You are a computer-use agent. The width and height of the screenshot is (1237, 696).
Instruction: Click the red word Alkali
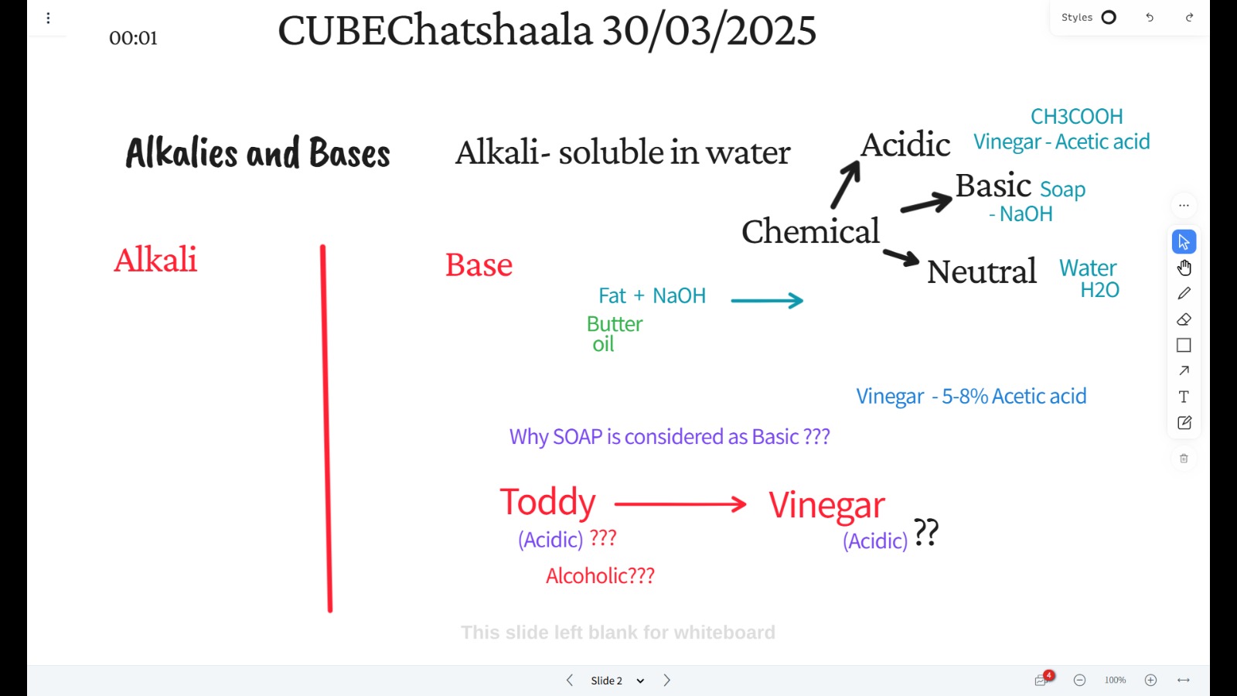click(x=155, y=259)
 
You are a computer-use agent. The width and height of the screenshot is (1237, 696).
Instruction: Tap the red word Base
click(x=479, y=264)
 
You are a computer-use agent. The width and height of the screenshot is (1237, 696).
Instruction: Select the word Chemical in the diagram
click(x=810, y=231)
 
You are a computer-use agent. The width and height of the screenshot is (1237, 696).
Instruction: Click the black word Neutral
click(x=981, y=271)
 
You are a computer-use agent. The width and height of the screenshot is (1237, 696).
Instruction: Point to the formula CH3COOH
click(x=1076, y=116)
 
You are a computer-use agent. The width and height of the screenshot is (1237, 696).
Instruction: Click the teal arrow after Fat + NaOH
click(x=767, y=300)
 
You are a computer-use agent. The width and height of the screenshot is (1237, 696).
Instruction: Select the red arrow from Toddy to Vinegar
click(x=680, y=503)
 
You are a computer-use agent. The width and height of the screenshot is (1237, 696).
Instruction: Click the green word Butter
click(x=615, y=324)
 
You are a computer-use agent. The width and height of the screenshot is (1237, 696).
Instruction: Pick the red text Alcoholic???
click(x=600, y=575)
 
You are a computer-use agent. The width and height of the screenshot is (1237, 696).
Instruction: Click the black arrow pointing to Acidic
click(x=846, y=185)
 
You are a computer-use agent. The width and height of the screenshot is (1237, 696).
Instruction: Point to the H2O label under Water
click(x=1099, y=290)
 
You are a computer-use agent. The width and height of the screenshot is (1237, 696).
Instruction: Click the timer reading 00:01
click(x=133, y=38)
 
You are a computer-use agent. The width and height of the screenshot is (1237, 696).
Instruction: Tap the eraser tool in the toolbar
click(x=1184, y=319)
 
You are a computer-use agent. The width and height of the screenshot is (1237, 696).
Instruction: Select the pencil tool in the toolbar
click(x=1184, y=293)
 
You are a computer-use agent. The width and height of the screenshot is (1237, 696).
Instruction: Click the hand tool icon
click(x=1184, y=268)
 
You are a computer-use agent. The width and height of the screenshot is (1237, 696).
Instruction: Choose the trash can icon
click(x=1184, y=459)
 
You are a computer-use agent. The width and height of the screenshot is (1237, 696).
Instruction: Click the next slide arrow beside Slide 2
click(x=666, y=680)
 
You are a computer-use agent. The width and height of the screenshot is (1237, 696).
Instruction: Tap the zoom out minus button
click(x=1079, y=680)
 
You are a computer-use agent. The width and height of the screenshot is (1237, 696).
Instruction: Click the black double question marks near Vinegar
click(x=926, y=532)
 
